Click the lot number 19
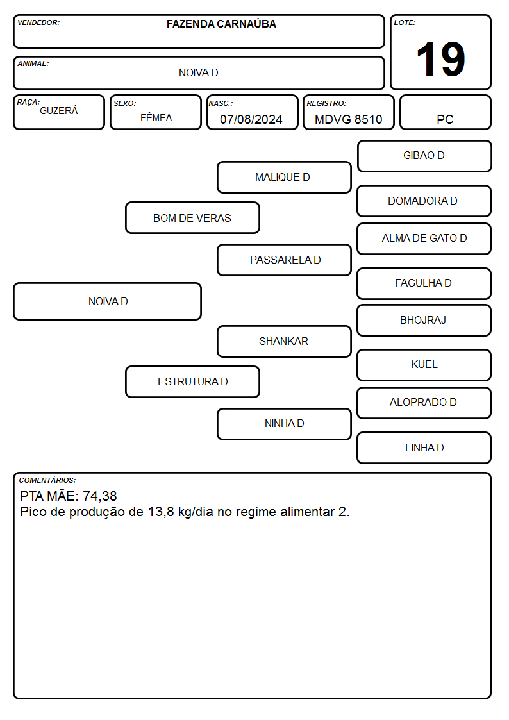[x=440, y=59]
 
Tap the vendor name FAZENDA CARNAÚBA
[x=221, y=24]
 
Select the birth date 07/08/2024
[x=251, y=119]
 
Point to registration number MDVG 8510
[x=348, y=119]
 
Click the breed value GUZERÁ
[x=59, y=111]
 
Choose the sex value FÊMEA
[x=156, y=117]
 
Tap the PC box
[x=445, y=112]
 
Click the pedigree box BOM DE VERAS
[x=192, y=217]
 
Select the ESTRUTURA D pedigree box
[x=192, y=381]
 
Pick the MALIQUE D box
[x=284, y=177]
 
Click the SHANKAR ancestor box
[x=284, y=341]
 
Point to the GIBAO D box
[x=424, y=156]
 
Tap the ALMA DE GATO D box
[x=424, y=239]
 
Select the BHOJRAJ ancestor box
[x=424, y=320]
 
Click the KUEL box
[x=424, y=365]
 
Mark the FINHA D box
[x=424, y=448]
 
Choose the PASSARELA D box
[x=284, y=260]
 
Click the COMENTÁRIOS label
[x=47, y=480]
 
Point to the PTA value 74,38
[x=99, y=496]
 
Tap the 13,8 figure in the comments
[x=161, y=512]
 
